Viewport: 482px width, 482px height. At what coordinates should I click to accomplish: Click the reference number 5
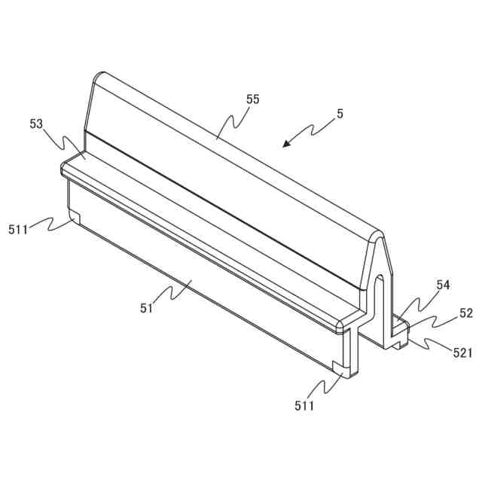click(340, 114)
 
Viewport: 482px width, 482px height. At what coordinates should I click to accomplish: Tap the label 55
click(252, 99)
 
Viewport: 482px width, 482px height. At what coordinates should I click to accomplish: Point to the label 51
click(147, 307)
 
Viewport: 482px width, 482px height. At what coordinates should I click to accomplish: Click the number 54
click(443, 285)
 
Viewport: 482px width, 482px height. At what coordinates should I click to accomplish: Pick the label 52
click(465, 313)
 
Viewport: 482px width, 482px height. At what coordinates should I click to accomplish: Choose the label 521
click(461, 352)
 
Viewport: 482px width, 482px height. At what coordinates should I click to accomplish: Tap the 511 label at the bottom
click(305, 406)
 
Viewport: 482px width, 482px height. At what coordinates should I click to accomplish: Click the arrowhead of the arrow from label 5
click(284, 145)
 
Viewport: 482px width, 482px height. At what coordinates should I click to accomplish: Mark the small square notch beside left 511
click(75, 217)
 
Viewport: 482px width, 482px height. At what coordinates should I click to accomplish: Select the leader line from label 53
click(64, 142)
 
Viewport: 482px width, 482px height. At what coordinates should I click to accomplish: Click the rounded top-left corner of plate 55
click(99, 76)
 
